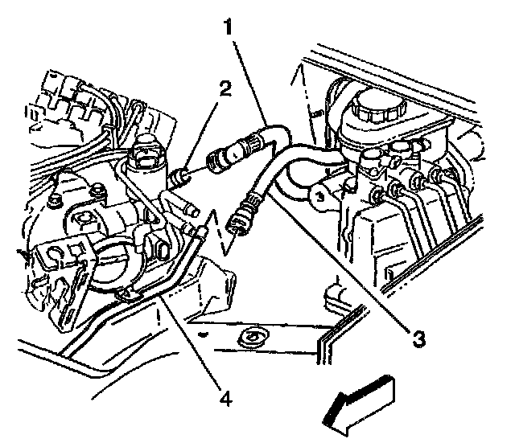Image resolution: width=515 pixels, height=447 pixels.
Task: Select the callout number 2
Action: click(x=225, y=88)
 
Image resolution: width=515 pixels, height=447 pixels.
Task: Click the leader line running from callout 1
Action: click(x=249, y=80)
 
